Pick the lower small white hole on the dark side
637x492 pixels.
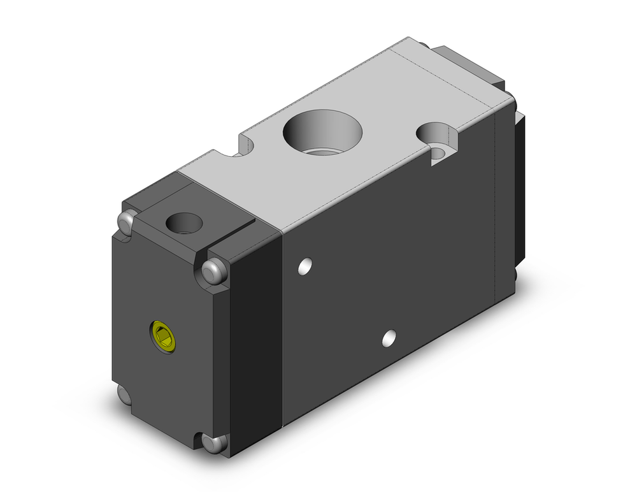(388, 338)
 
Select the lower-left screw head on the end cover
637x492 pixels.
(125, 394)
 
